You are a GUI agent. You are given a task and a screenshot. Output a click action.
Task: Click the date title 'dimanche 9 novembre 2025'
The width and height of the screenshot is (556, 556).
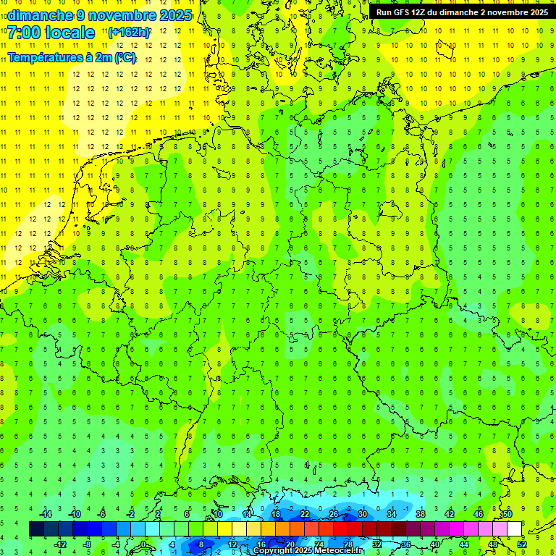(x=99, y=15)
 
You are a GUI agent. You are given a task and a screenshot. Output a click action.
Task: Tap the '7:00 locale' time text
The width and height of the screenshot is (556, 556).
(x=51, y=33)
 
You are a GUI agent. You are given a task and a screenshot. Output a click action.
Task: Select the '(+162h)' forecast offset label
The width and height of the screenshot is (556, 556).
(x=129, y=33)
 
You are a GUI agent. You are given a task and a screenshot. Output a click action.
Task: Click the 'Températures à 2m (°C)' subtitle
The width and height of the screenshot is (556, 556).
(x=72, y=58)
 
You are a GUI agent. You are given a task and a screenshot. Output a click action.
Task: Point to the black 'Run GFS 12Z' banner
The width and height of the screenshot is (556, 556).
(x=461, y=12)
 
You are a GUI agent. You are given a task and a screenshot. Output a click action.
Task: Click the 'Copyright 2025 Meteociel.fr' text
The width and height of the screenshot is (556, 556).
(x=308, y=551)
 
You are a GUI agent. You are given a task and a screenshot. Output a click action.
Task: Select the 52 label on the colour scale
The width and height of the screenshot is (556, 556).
(x=521, y=544)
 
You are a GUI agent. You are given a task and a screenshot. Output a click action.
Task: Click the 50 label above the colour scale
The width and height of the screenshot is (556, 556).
(x=507, y=514)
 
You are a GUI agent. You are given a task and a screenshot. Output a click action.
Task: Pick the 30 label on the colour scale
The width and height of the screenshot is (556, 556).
(x=362, y=514)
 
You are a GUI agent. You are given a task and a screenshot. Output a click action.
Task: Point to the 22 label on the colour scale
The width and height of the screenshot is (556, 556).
(x=305, y=514)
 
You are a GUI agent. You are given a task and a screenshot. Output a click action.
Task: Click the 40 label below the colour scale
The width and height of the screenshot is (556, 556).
(x=434, y=544)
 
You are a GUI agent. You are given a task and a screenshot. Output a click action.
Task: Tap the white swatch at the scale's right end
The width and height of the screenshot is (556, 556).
(x=514, y=529)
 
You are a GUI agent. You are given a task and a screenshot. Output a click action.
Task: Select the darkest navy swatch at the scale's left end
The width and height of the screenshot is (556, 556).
(x=36, y=529)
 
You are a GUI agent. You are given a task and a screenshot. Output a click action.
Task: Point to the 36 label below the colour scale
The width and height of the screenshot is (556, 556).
(x=405, y=544)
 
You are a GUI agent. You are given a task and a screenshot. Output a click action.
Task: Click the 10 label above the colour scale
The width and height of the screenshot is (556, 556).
(x=218, y=514)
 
